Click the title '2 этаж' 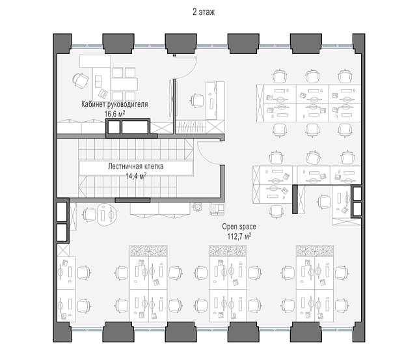(x=204, y=12)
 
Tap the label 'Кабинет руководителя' (x=114, y=104)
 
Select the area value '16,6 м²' (x=114, y=114)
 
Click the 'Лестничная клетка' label (x=135, y=167)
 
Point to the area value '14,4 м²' (x=136, y=176)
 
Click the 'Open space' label (x=239, y=227)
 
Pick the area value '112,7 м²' (x=239, y=236)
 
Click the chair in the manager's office (x=81, y=80)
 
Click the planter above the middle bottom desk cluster (x=228, y=251)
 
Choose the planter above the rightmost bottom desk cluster (x=315, y=251)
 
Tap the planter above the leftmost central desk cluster (x=149, y=251)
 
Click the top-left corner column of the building (x=62, y=44)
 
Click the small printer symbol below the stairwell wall (x=197, y=207)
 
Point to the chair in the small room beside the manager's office (x=197, y=100)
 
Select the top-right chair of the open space (x=345, y=76)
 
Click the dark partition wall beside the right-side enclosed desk (x=295, y=199)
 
